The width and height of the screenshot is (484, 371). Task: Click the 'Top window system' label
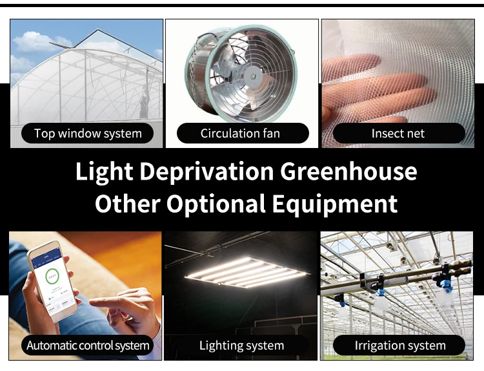pyautogui.click(x=88, y=134)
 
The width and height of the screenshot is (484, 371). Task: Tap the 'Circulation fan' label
pyautogui.click(x=239, y=134)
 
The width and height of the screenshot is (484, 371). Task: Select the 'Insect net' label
pyautogui.click(x=398, y=134)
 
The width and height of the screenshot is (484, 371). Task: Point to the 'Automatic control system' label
pyautogui.click(x=88, y=345)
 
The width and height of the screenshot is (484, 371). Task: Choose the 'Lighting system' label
pyautogui.click(x=241, y=345)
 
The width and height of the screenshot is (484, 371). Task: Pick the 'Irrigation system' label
pyautogui.click(x=400, y=345)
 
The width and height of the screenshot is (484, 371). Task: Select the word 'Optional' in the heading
pyautogui.click(x=216, y=204)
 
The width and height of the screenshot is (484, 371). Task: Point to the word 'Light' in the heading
pyautogui.click(x=104, y=172)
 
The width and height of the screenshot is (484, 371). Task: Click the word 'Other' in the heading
pyautogui.click(x=127, y=204)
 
